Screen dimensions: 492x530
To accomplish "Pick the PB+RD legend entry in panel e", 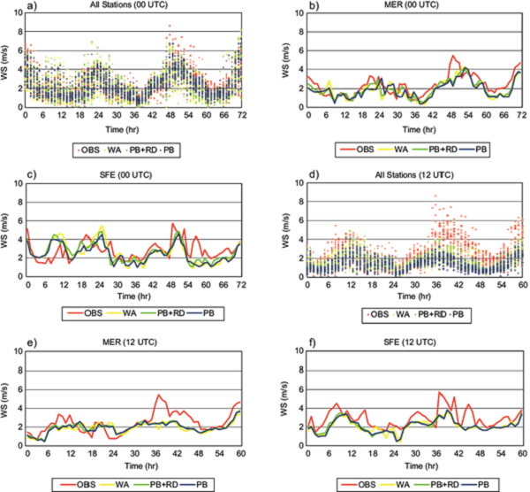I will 161,485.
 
